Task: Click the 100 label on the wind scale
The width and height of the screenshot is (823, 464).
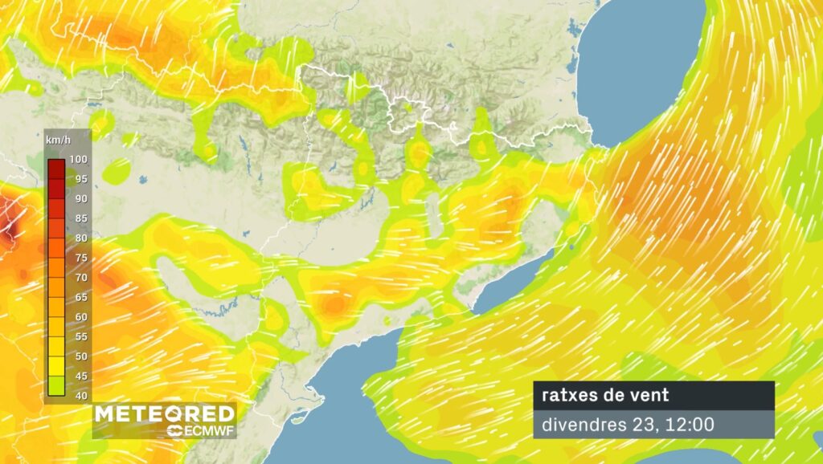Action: coord(77,159)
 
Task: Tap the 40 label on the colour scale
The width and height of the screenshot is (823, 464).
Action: coord(77,395)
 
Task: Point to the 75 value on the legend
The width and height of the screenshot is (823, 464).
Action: coord(77,258)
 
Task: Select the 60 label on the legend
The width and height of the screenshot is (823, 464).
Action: coord(77,316)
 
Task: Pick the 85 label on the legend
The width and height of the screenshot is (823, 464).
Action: coord(77,218)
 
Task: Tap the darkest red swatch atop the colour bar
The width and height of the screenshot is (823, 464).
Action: coord(55,168)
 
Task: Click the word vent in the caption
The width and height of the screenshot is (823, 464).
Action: coord(652,395)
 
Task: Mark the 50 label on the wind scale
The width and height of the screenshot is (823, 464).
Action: coord(77,356)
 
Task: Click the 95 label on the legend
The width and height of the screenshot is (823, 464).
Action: coord(77,179)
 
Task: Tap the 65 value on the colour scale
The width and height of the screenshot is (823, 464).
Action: coord(77,297)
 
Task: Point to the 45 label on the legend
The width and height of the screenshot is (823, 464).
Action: coord(77,376)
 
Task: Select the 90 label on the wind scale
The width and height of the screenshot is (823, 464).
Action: coord(77,198)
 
